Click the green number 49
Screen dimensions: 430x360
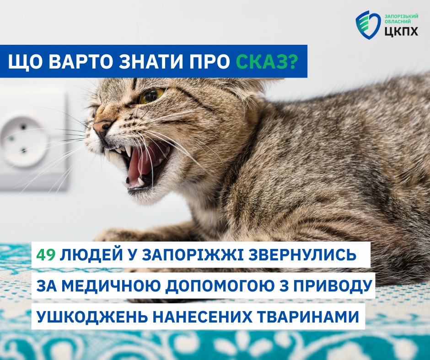coord(46,255)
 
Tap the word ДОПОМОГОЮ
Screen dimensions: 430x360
coord(221,286)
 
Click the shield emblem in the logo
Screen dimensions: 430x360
coord(368,24)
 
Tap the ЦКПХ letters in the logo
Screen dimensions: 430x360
coord(401,31)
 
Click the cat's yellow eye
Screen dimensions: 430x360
coord(151,95)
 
